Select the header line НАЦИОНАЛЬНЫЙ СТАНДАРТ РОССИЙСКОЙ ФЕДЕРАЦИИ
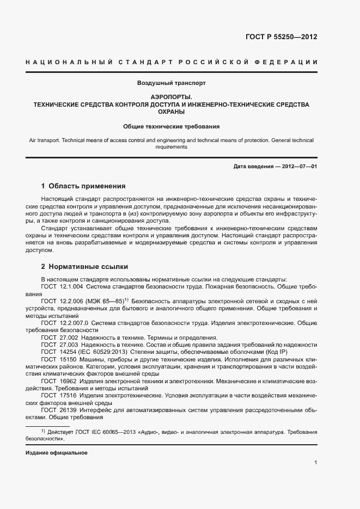[x=171, y=63]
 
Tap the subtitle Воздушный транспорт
[x=171, y=83]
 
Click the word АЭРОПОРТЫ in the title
[x=171, y=96]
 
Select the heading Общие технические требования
[x=171, y=126]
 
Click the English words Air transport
[x=45, y=140]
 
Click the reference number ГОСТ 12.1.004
[x=62, y=286]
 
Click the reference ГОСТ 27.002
[x=59, y=338]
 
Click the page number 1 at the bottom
[x=315, y=463]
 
